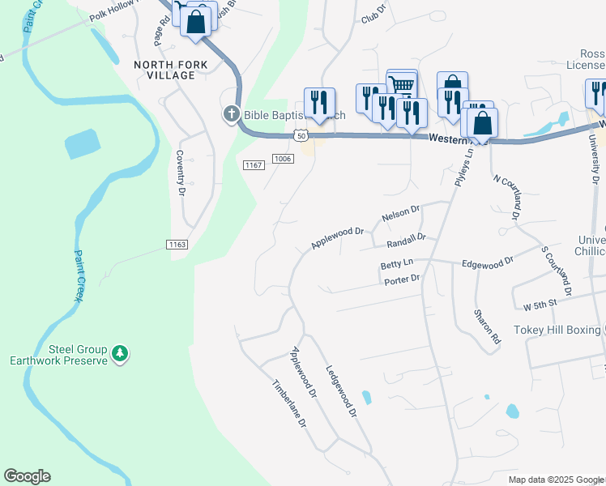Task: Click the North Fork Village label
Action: click(164, 70)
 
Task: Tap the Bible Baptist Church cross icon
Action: click(231, 114)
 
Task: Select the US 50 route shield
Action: click(301, 136)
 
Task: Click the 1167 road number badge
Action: click(254, 165)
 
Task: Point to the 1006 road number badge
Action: click(282, 159)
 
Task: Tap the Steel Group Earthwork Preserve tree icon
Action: click(120, 353)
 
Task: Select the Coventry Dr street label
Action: click(181, 172)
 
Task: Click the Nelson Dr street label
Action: click(400, 214)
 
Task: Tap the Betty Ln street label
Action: click(397, 264)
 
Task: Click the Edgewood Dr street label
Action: click(488, 262)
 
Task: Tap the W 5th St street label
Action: click(542, 306)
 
